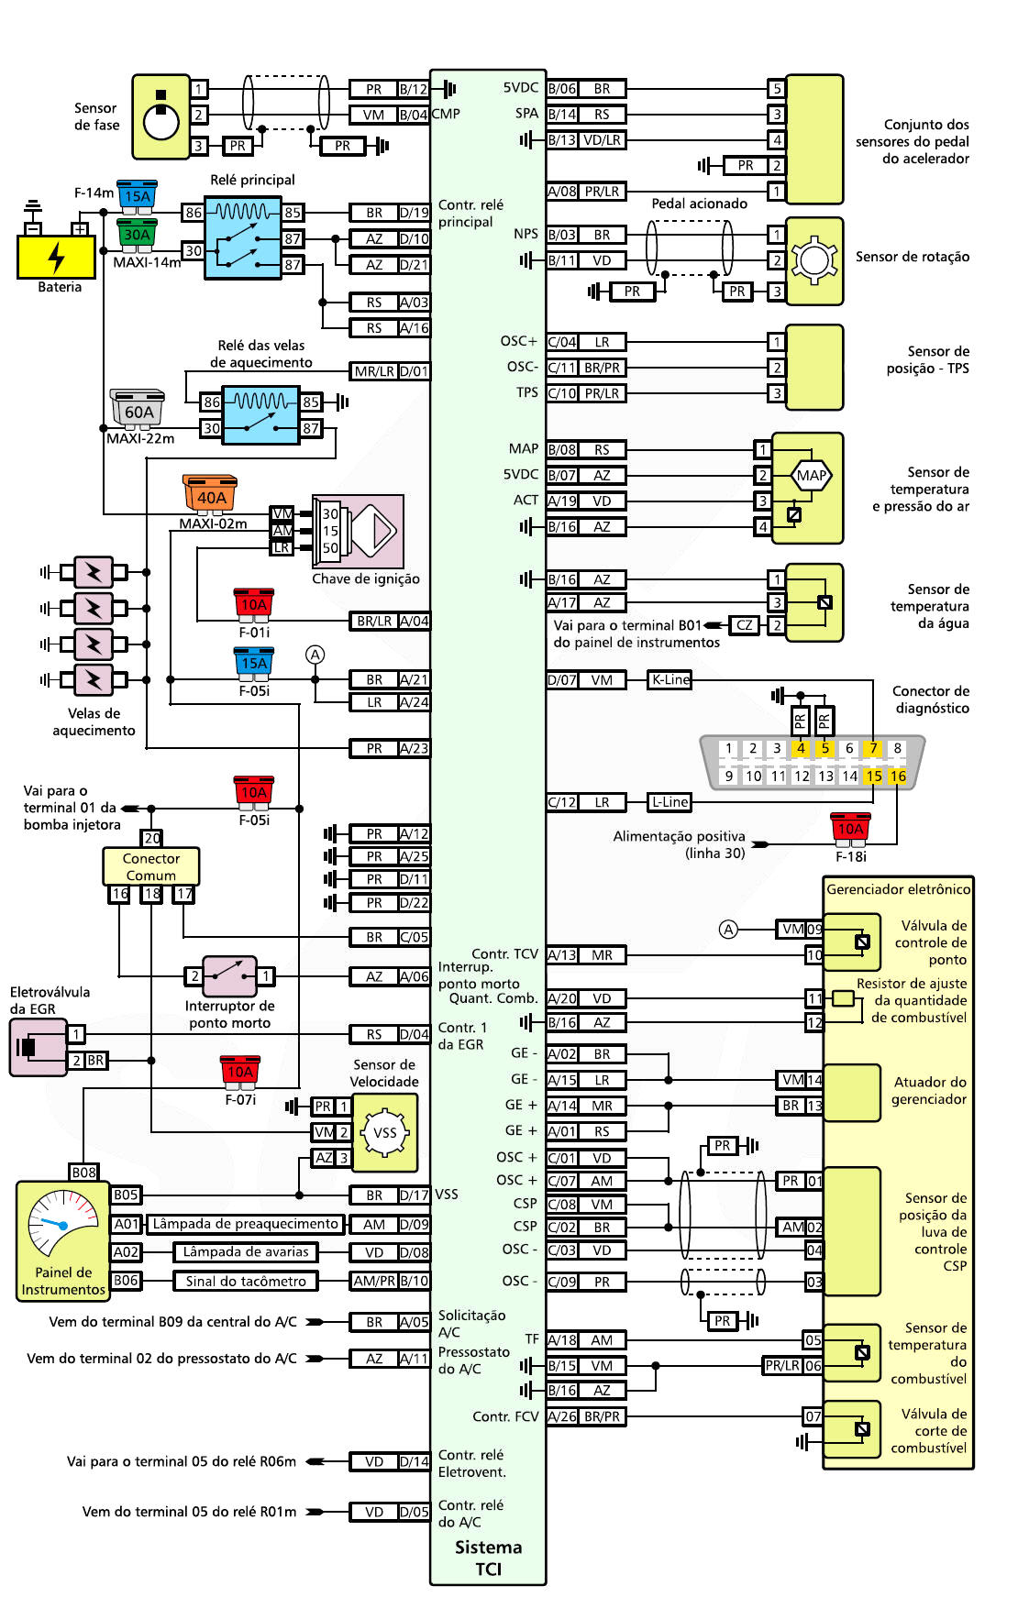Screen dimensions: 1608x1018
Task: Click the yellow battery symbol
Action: pyautogui.click(x=56, y=257)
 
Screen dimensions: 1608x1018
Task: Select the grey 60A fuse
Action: pyautogui.click(x=138, y=410)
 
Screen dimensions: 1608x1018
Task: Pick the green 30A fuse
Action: pyautogui.click(x=138, y=233)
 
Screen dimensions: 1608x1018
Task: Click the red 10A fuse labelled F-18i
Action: pyautogui.click(x=850, y=828)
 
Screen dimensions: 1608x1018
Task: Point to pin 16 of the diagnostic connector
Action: pyautogui.click(x=897, y=776)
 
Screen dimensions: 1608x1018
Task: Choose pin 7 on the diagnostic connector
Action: pyautogui.click(x=873, y=748)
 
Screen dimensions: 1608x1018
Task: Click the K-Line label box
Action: pyautogui.click(x=669, y=679)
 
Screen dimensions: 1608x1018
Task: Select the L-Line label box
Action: pyautogui.click(x=669, y=802)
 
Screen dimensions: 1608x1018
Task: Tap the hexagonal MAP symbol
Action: pyautogui.click(x=811, y=475)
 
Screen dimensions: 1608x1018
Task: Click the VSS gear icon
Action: pyautogui.click(x=385, y=1132)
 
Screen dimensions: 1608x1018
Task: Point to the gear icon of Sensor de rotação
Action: pyautogui.click(x=813, y=260)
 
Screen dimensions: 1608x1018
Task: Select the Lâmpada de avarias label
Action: pyautogui.click(x=246, y=1252)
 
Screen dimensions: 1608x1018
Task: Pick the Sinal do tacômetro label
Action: pyautogui.click(x=246, y=1281)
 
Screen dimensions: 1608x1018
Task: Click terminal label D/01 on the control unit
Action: pyautogui.click(x=415, y=371)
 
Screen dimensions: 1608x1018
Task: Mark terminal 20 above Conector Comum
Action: pyautogui.click(x=152, y=838)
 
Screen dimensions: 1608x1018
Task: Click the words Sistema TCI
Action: pyautogui.click(x=488, y=1558)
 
